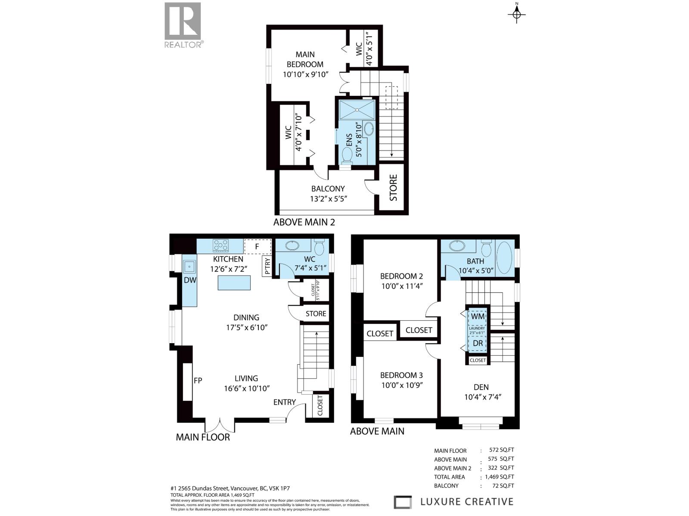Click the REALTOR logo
[183, 25]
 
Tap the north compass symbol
[516, 14]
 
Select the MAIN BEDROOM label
[305, 59]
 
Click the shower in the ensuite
[357, 110]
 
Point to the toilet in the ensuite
[347, 156]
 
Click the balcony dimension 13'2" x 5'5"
[329, 199]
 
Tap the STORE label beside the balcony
[393, 188]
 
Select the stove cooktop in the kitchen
[220, 246]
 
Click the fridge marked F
[257, 246]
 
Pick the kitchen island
[234, 283]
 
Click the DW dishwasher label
[190, 280]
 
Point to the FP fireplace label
[198, 381]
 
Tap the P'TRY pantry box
[267, 266]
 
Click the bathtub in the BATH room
[504, 258]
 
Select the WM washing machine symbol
[478, 316]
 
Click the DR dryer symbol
[478, 344]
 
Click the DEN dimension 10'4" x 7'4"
[483, 397]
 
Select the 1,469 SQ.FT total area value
[499, 477]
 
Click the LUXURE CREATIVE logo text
[467, 502]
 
